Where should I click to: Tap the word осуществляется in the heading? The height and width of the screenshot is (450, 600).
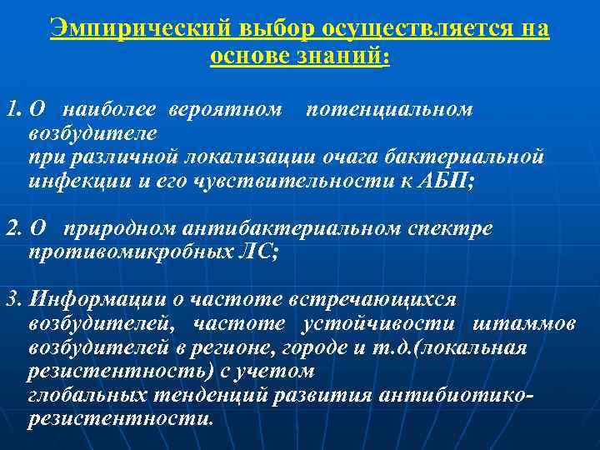(402, 28)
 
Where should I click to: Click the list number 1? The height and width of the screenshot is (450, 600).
(12, 109)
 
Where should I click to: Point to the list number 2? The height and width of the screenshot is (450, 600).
(12, 227)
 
